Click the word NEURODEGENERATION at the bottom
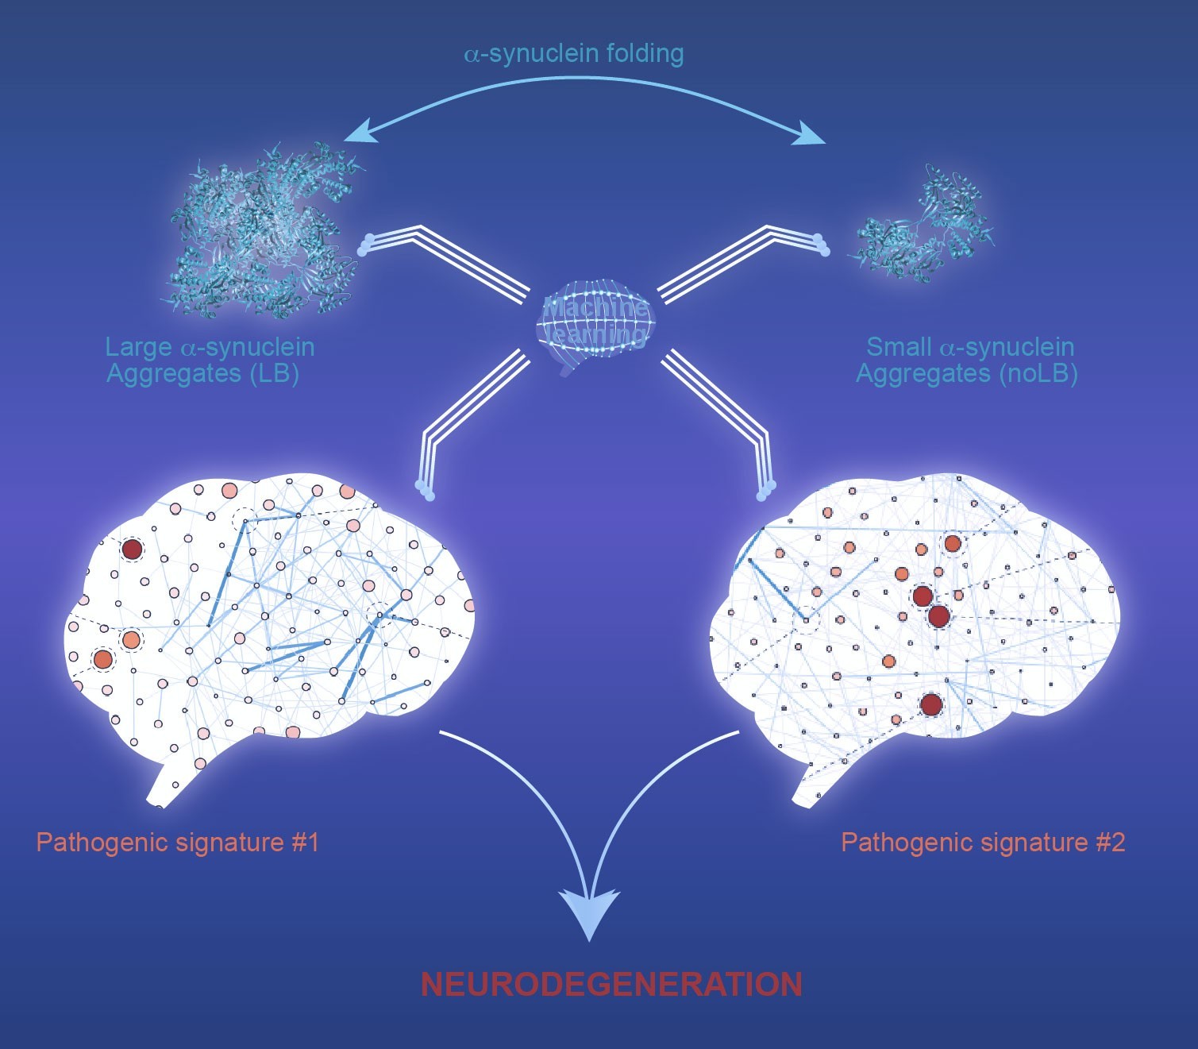point(611,985)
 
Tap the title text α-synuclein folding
point(573,54)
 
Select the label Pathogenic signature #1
point(178,842)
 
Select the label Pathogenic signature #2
point(983,842)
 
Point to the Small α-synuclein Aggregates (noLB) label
point(968,360)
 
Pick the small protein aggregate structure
point(925,226)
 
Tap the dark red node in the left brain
point(132,549)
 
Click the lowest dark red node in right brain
point(931,704)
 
